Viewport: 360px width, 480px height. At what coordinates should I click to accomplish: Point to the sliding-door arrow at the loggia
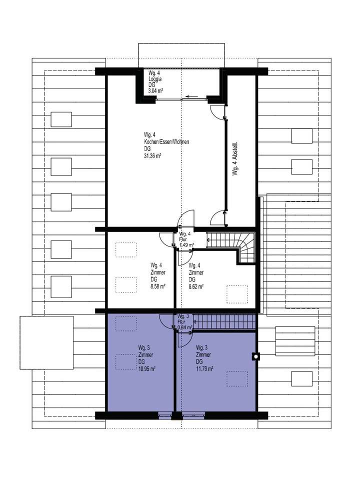(190, 96)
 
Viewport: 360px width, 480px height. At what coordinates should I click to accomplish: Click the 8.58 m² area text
(158, 287)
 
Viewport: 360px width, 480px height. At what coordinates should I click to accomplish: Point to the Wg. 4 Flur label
(184, 239)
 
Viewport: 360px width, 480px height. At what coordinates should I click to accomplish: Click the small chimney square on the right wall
(256, 356)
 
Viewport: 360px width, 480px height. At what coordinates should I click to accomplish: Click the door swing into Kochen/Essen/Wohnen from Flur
(186, 218)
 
